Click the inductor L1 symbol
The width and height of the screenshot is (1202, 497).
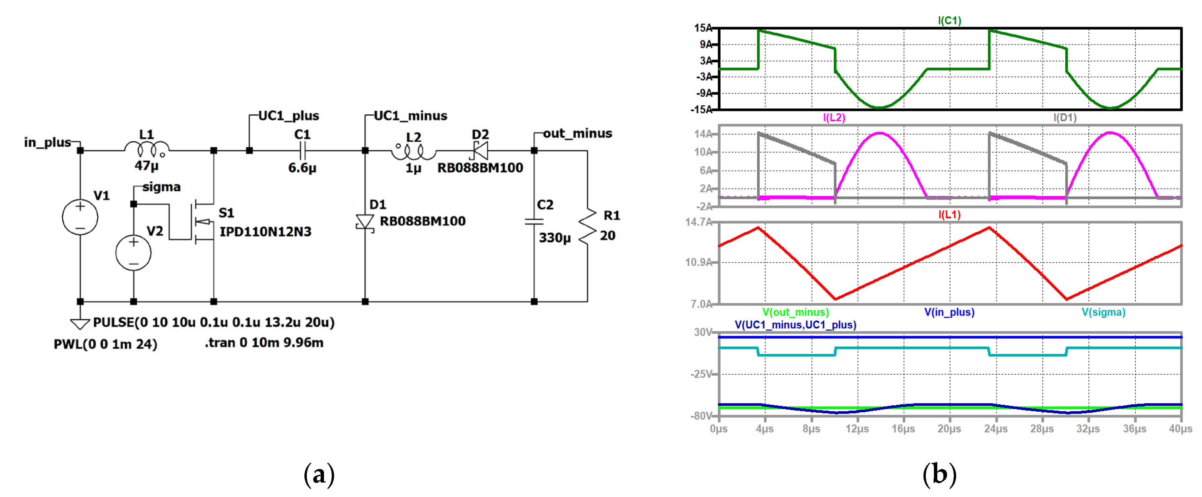click(147, 149)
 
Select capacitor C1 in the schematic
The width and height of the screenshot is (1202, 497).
click(302, 150)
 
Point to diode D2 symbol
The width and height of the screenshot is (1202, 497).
click(480, 150)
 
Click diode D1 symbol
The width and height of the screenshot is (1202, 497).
click(365, 222)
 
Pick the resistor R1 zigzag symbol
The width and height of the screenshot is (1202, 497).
click(587, 226)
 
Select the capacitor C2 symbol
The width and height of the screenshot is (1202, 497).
click(534, 222)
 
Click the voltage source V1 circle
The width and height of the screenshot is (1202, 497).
click(80, 217)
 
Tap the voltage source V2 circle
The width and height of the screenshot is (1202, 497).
click(133, 253)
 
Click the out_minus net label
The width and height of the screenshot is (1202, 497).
click(577, 133)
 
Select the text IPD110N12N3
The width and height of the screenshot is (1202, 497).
click(265, 232)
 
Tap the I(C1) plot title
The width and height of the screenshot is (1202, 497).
click(949, 20)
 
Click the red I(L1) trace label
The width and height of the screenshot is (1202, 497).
click(949, 214)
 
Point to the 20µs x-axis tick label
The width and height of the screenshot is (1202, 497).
click(949, 428)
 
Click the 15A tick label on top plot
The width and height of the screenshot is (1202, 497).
click(703, 28)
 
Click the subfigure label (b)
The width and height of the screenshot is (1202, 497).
click(939, 475)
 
